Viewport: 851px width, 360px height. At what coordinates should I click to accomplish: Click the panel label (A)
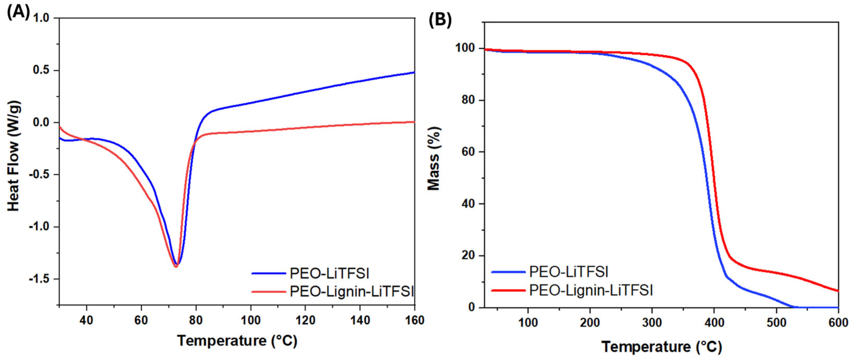tap(19, 13)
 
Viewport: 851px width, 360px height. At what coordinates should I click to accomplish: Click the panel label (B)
tap(440, 20)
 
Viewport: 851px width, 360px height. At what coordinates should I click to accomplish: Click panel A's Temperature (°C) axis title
tap(237, 340)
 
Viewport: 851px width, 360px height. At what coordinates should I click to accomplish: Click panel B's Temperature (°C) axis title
tap(661, 347)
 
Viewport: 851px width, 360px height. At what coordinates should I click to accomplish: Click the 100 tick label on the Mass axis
tap(465, 48)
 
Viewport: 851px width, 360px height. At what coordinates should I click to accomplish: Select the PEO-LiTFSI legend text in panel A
tap(329, 274)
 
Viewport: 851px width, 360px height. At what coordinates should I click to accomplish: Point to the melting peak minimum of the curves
tap(176, 266)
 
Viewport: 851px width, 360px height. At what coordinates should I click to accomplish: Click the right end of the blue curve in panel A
tap(414, 72)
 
